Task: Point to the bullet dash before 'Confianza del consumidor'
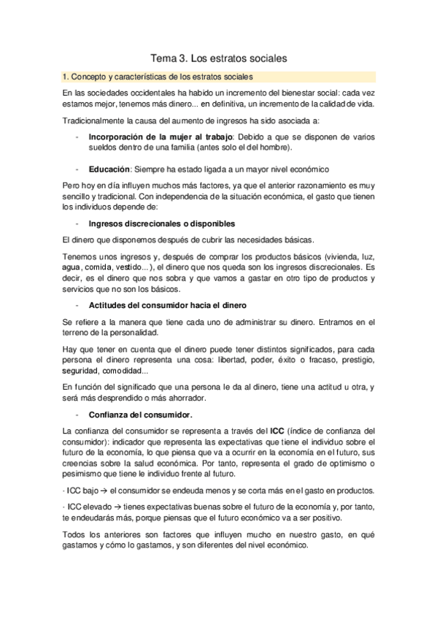click(76, 415)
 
